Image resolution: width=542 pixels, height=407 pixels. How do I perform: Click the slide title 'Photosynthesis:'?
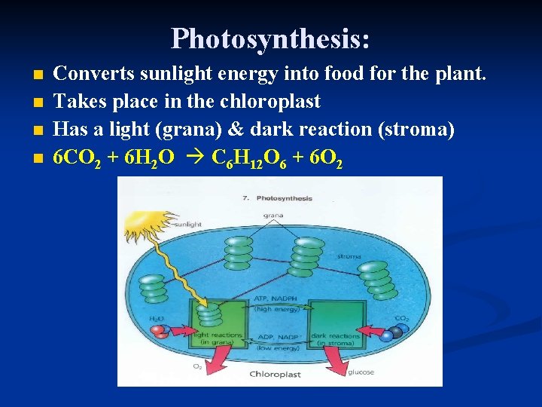(270, 38)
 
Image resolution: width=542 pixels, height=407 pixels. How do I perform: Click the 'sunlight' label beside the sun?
(187, 225)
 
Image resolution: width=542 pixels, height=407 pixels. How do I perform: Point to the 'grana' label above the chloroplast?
(273, 215)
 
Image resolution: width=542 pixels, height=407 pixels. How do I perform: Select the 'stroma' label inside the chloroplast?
(349, 256)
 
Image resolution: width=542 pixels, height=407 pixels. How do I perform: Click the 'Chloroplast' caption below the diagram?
(276, 374)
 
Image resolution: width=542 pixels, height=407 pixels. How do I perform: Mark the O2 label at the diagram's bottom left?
(196, 366)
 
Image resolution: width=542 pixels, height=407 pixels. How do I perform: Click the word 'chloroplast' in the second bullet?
(275, 102)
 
